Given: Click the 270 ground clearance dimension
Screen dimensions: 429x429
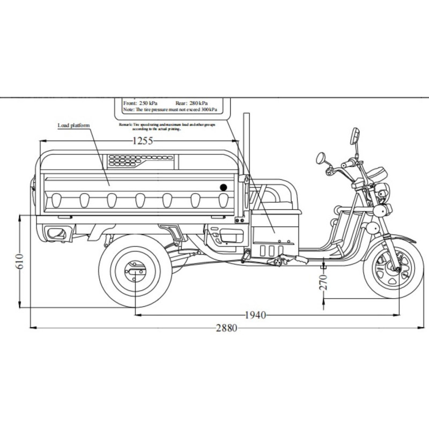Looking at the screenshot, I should (323, 283).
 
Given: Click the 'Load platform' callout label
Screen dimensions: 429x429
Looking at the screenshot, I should (73, 125).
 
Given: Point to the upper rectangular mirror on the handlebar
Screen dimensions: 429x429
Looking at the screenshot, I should (354, 135).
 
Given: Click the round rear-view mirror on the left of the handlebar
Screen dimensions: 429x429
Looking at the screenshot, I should (321, 158).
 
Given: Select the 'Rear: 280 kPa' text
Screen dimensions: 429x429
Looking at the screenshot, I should (191, 102).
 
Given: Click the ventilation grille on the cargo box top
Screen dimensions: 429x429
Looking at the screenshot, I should (141, 160).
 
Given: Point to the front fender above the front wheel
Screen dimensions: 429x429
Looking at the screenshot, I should (397, 236).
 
